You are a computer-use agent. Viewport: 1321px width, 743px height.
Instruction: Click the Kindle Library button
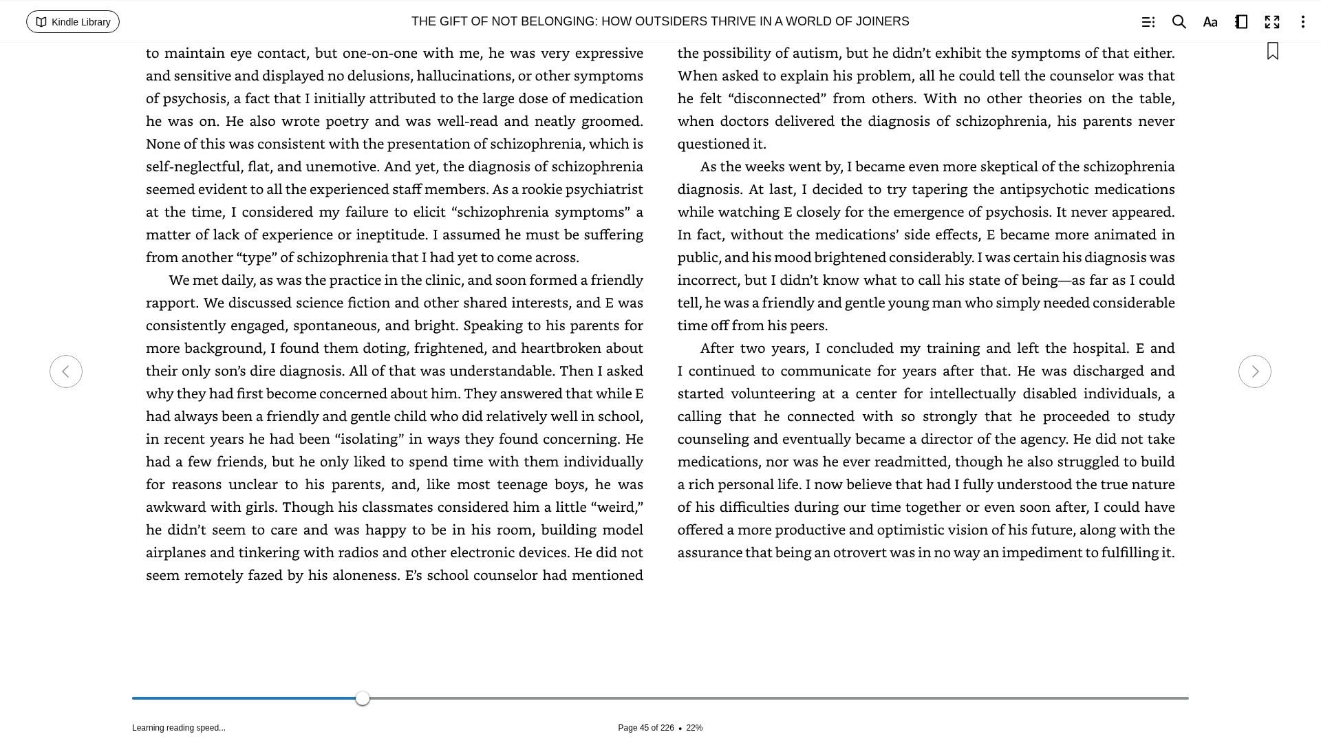pos(73,22)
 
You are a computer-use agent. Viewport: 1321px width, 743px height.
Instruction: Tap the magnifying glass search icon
pos(1179,22)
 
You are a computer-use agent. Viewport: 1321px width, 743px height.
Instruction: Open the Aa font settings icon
pos(1210,22)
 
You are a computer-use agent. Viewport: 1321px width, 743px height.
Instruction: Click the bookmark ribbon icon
pos(1272,52)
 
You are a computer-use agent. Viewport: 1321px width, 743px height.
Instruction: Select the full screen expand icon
pos(1271,22)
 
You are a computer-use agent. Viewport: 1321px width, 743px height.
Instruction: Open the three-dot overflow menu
pos(1302,22)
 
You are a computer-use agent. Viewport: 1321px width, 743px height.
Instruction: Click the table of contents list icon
pos(1148,22)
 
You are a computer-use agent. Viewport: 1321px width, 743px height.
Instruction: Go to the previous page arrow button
pos(66,371)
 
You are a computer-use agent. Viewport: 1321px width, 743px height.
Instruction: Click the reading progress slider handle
pos(363,698)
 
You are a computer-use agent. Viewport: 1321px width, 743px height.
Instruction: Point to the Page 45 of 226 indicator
pos(645,728)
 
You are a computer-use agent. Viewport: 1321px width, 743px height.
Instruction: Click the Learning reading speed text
pos(179,728)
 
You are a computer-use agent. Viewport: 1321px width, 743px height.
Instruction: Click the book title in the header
pos(660,22)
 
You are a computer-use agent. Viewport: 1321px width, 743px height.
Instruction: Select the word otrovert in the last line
pos(860,552)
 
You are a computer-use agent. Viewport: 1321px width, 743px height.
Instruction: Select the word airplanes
pos(175,552)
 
